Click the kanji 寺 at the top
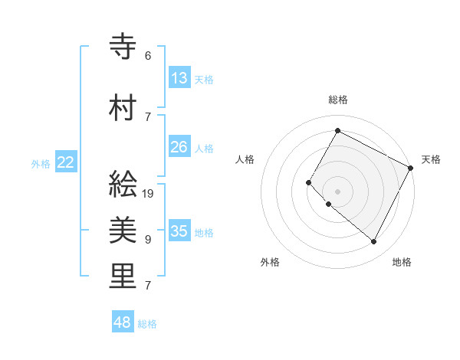point(123,47)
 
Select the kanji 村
point(123,108)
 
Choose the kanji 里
point(123,277)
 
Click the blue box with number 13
point(179,77)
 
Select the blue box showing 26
point(179,146)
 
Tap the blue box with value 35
point(179,231)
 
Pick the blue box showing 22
point(66,162)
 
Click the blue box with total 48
point(123,322)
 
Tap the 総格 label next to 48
point(147,324)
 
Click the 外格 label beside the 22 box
point(41,163)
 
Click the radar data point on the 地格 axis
point(373,242)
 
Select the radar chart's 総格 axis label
point(337,100)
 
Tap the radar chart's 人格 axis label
point(245,159)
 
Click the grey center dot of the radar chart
point(337,191)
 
